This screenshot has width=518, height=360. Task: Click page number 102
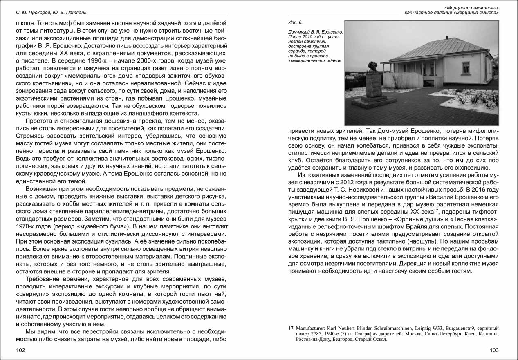(21, 350)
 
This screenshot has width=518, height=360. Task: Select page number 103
(494, 350)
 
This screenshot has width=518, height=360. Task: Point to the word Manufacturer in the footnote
(311, 328)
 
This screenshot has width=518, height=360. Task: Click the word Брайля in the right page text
(418, 226)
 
